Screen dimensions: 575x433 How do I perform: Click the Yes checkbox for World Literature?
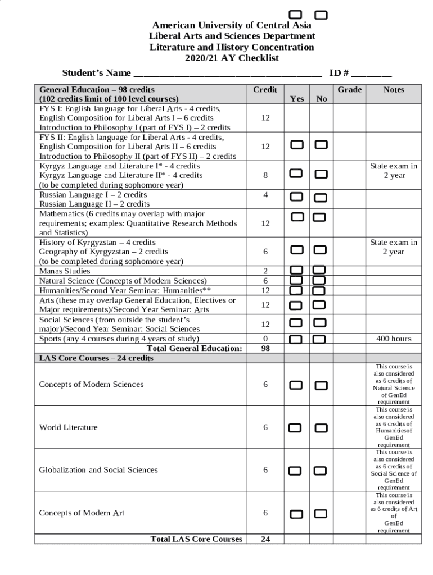[296, 428]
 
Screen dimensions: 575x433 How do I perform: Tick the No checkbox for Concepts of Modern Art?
[321, 514]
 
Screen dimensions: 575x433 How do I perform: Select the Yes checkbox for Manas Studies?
[296, 271]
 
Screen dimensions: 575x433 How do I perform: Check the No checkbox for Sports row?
[319, 339]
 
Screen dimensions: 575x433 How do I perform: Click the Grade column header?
[349, 90]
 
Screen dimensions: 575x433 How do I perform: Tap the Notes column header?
[394, 90]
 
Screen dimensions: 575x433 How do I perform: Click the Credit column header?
[265, 90]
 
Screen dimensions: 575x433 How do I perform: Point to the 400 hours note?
[394, 339]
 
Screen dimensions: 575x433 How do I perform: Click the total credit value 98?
[265, 348]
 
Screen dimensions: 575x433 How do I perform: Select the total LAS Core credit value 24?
[265, 539]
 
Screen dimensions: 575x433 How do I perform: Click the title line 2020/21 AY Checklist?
[232, 58]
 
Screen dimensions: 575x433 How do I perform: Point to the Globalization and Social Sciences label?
[98, 470]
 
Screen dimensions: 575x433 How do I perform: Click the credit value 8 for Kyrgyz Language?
[265, 175]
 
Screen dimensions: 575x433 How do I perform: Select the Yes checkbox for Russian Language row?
[296, 197]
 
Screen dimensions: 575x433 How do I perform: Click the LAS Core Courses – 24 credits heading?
[96, 358]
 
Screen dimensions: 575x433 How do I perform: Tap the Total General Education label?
[194, 348]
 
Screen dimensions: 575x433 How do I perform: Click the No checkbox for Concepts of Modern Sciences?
[321, 385]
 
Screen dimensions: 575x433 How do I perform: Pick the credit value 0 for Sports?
[265, 339]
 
